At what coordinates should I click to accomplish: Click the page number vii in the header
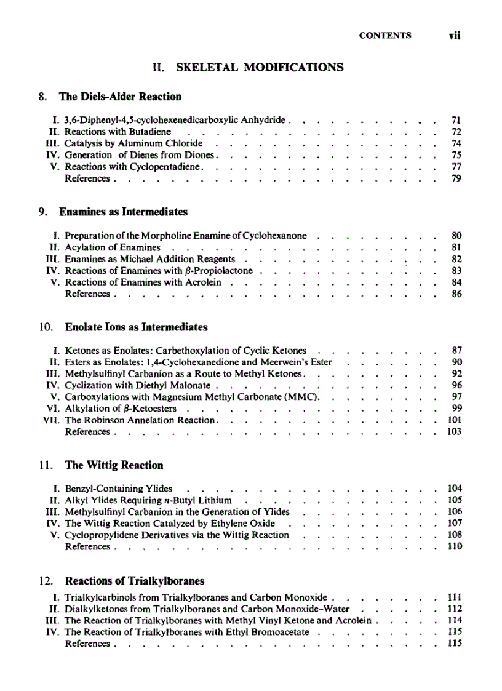pos(455,36)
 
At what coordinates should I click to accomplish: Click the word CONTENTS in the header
pos(385,36)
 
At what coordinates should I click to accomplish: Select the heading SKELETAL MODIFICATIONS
pos(260,67)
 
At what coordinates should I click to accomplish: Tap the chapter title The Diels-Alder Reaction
pos(120,97)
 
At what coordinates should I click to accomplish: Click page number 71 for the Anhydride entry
pos(456,121)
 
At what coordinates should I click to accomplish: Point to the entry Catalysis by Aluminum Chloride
pos(133,143)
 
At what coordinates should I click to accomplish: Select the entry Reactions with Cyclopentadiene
pos(137,167)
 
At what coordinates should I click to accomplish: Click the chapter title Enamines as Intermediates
pos(123,212)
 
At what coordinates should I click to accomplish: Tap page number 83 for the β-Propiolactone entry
pos(456,271)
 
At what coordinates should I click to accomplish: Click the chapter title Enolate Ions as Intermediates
pos(133,327)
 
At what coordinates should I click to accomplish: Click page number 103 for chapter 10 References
pos(454,432)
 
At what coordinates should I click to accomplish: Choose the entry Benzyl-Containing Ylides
pos(118,489)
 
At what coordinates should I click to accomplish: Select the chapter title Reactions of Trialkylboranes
pos(135,581)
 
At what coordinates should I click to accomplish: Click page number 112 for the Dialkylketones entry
pos(454,609)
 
